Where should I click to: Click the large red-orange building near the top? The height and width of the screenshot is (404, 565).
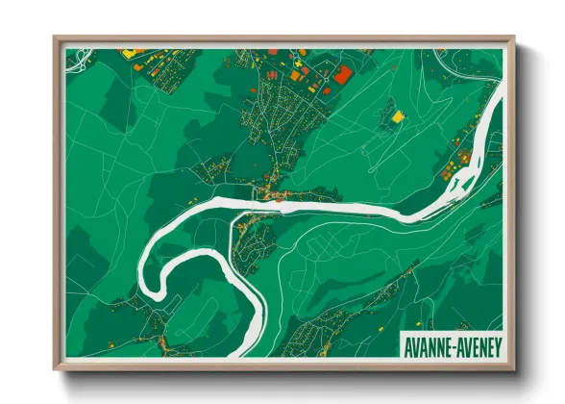343,74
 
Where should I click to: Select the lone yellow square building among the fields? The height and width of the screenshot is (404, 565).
397,116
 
